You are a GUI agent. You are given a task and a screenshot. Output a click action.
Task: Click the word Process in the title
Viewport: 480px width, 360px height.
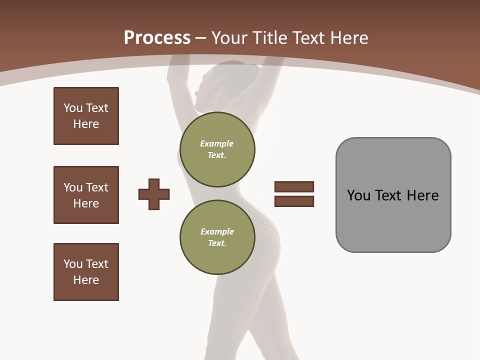(x=157, y=38)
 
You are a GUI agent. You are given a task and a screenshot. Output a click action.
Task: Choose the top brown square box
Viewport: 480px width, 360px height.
(x=86, y=116)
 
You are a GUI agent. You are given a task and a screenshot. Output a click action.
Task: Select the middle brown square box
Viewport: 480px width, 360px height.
(x=86, y=195)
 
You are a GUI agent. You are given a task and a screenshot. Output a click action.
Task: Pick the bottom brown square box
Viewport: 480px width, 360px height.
(x=86, y=272)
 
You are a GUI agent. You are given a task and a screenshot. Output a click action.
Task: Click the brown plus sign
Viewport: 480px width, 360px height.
(x=154, y=194)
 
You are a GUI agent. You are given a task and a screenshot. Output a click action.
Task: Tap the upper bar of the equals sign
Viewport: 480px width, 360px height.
(x=294, y=186)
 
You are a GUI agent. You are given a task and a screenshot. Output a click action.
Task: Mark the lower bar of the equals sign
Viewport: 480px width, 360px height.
(x=294, y=201)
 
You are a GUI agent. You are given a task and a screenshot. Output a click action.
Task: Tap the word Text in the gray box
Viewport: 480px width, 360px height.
(x=389, y=195)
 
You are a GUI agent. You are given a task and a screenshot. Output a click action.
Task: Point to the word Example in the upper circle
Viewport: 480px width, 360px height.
(x=217, y=143)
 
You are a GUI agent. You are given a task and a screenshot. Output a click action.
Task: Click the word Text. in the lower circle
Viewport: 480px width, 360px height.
(x=217, y=243)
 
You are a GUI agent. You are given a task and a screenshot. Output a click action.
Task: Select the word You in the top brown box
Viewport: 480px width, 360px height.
(x=72, y=108)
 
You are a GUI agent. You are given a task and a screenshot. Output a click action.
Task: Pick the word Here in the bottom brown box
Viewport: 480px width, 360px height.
(x=86, y=280)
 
